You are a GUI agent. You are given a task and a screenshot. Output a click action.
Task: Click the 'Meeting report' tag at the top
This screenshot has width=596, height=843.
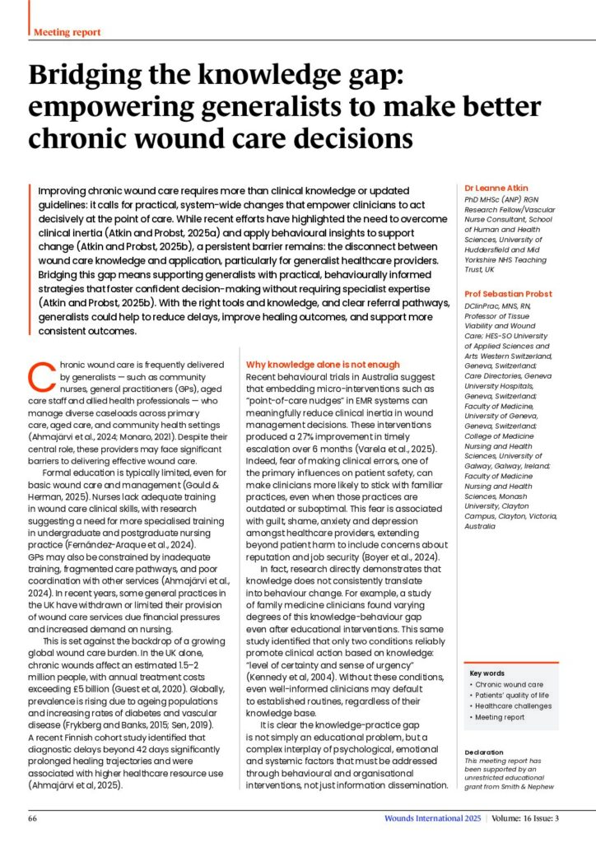point(68,32)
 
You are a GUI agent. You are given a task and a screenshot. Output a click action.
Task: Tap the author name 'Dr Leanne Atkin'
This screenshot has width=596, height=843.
point(496,188)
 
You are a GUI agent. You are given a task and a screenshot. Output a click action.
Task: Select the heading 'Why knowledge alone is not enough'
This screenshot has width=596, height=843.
point(324,364)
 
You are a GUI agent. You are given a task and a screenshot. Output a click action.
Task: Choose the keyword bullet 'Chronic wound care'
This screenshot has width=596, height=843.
point(509,684)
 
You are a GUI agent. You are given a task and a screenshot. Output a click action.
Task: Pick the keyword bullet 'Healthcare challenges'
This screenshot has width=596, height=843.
point(515,706)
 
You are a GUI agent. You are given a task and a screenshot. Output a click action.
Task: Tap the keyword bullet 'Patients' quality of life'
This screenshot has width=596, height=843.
point(515,696)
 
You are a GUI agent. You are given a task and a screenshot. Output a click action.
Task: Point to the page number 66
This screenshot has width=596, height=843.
point(33,819)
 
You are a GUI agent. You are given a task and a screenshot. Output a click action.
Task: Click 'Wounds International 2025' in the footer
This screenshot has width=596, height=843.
point(431,819)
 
